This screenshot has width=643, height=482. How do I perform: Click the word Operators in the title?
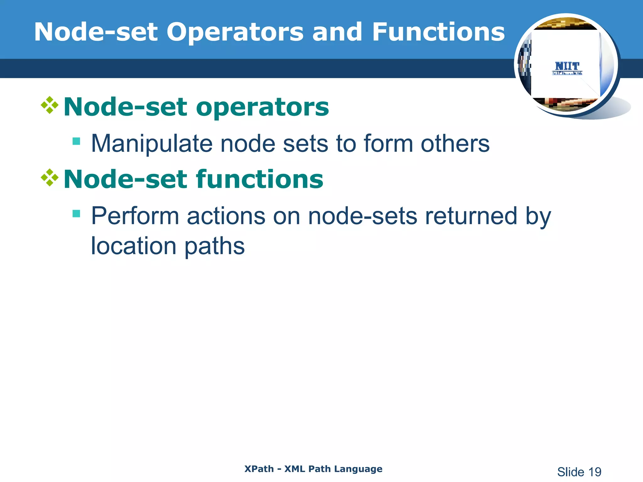click(x=235, y=33)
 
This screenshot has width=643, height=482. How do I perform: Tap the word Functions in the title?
click(x=438, y=32)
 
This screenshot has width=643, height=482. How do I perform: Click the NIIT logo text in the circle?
click(x=567, y=67)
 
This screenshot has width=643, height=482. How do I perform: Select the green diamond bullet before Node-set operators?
click(x=50, y=105)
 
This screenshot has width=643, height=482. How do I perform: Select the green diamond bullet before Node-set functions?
click(x=50, y=178)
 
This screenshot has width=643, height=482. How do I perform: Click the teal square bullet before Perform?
click(x=76, y=214)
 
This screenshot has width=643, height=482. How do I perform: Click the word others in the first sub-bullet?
click(x=455, y=144)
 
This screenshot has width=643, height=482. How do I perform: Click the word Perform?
click(x=135, y=216)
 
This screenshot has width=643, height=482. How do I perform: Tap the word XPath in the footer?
click(x=259, y=469)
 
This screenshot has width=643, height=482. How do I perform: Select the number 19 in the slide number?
click(x=594, y=472)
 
